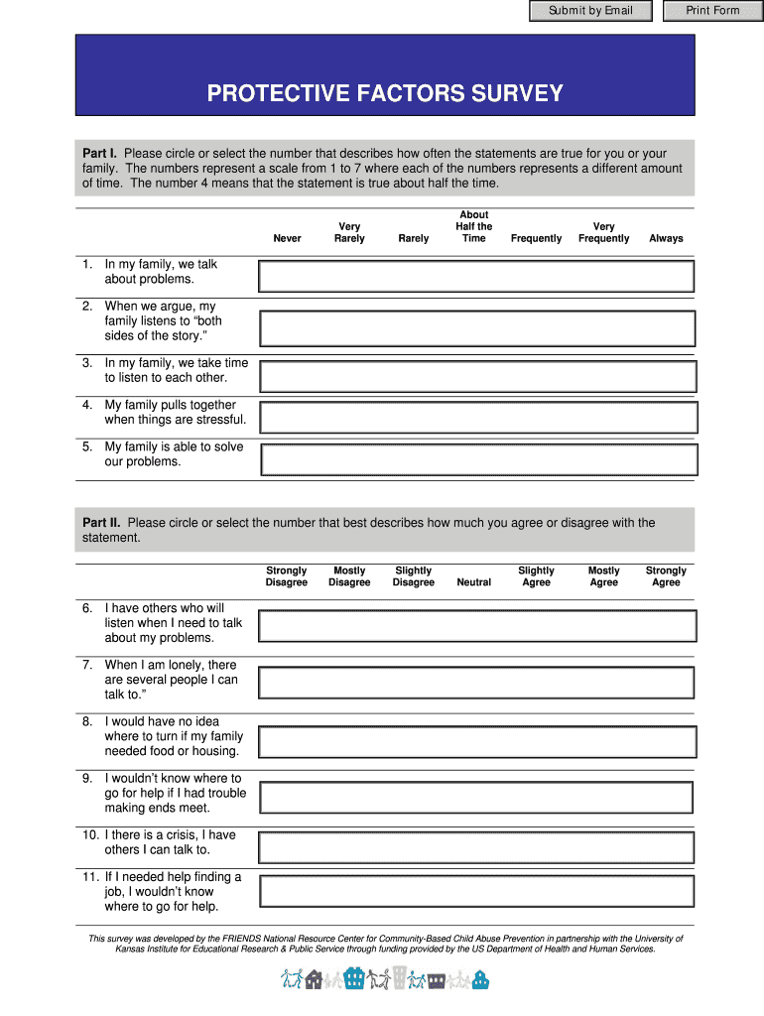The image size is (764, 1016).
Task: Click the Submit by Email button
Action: (x=590, y=11)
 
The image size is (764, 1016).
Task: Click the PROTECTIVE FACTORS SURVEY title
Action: (x=385, y=93)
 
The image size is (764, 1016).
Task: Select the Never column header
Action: (x=287, y=238)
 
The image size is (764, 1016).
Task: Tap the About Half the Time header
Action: (x=473, y=226)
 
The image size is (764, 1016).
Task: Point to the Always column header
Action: (x=666, y=238)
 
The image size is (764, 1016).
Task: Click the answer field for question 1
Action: (x=476, y=276)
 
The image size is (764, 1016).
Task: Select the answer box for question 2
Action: (x=476, y=327)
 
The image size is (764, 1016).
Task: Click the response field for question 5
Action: (x=478, y=459)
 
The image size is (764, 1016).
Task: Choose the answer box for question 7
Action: (x=476, y=683)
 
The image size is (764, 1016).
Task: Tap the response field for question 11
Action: (x=476, y=890)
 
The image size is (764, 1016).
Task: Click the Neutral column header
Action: (x=473, y=582)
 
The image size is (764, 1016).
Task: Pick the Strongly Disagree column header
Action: (x=287, y=576)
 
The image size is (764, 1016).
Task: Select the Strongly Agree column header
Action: (x=666, y=576)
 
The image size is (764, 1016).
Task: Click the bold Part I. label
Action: (x=100, y=154)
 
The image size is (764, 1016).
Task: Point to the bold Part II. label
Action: (x=102, y=523)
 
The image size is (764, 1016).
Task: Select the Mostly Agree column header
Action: (x=603, y=576)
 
